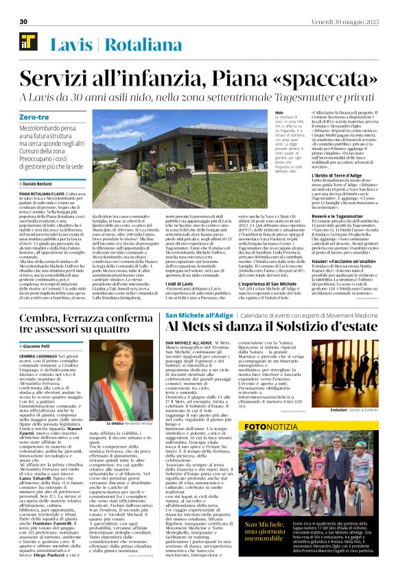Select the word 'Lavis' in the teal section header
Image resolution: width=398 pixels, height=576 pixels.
(73, 46)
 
